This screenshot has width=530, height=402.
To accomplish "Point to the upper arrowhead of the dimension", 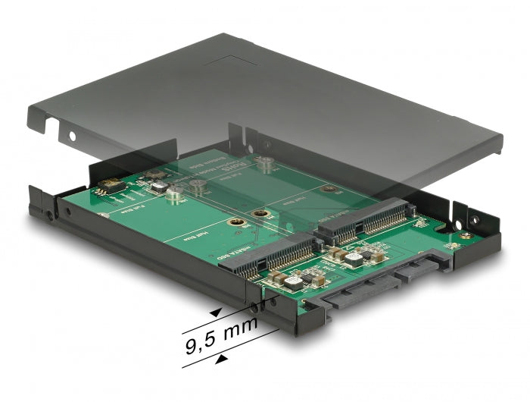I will coord(217,312).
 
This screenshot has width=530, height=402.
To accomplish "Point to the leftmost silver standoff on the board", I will coord(174,194).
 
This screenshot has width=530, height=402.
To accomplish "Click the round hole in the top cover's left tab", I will coord(73,138).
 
